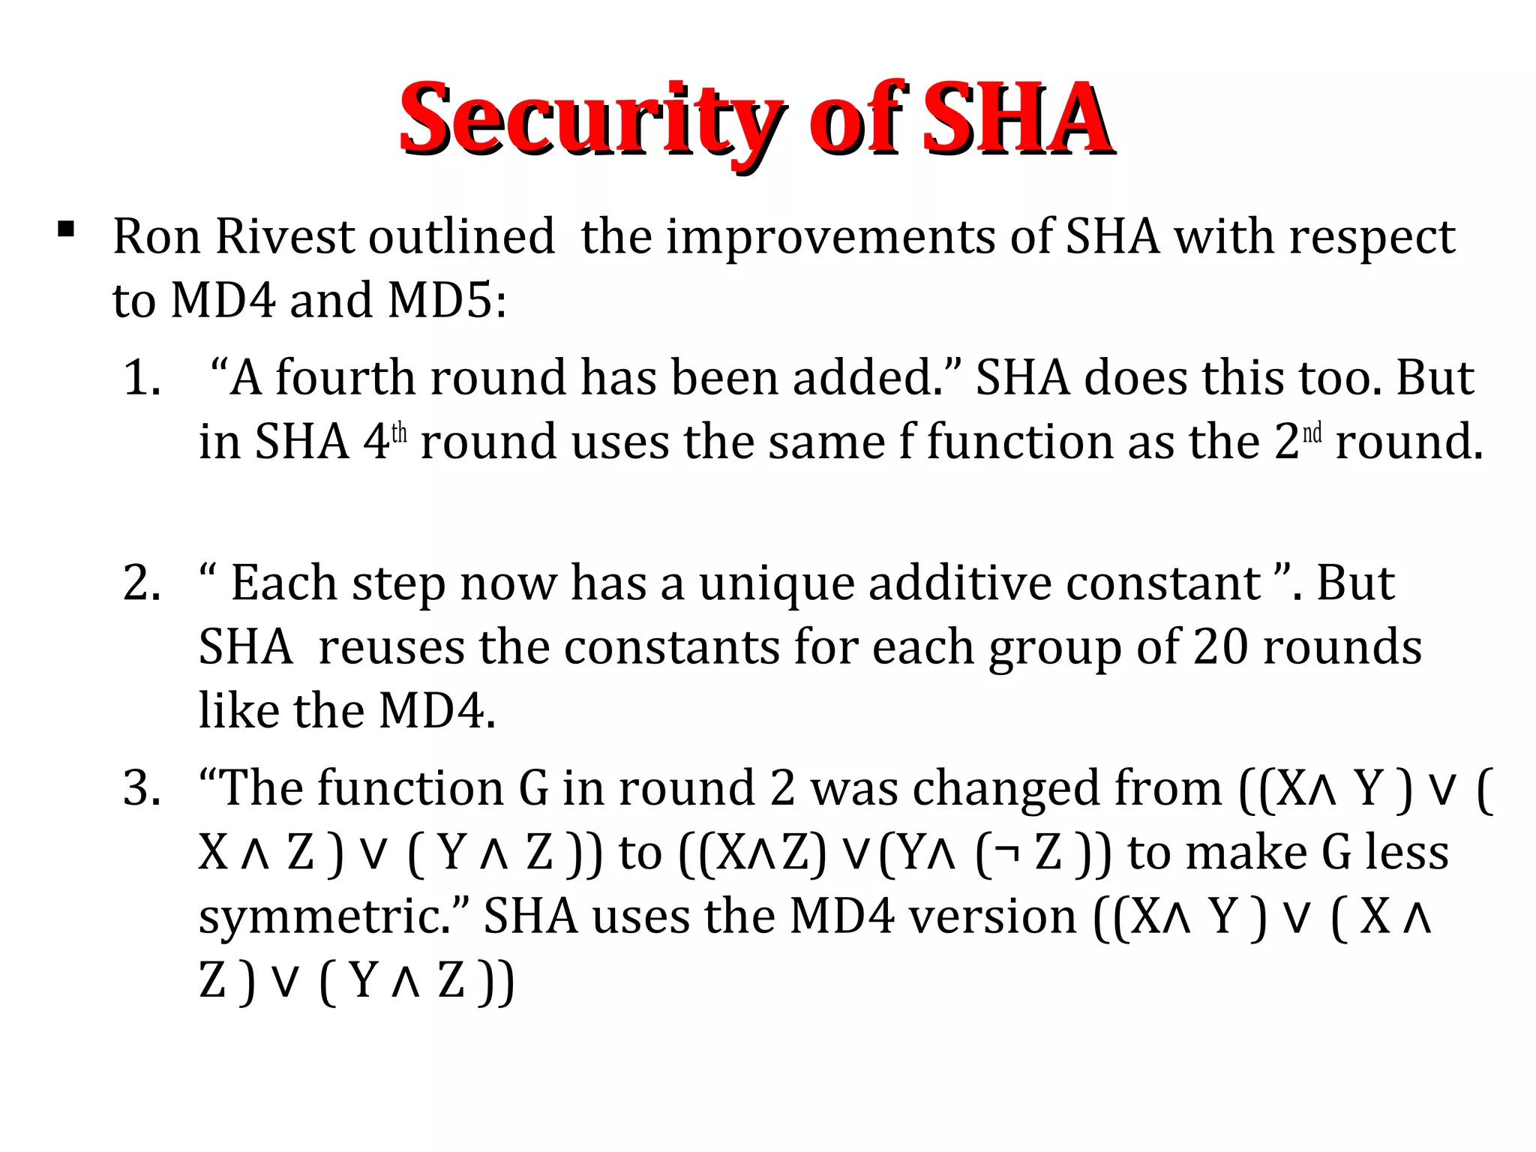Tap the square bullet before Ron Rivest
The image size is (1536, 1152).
point(66,229)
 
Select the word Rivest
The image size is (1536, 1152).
point(284,237)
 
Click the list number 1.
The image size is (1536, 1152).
point(142,377)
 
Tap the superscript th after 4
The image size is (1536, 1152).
point(399,433)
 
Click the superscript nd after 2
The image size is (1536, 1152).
point(1312,433)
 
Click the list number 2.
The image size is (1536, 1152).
point(142,583)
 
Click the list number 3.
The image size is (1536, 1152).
point(142,789)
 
